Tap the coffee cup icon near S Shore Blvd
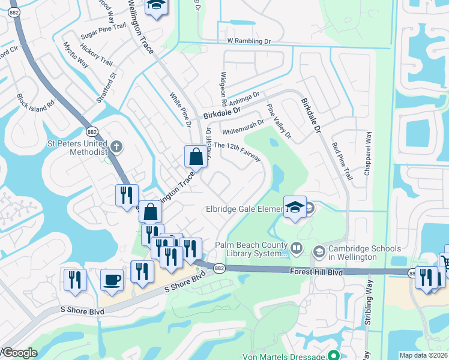[x=112, y=280]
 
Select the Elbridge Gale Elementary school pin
[x=295, y=208]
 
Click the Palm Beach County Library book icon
[x=297, y=247]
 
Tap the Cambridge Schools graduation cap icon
[x=318, y=251]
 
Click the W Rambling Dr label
[x=249, y=41]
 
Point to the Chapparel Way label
[x=367, y=153]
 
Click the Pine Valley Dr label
[x=279, y=121]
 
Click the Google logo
[x=20, y=353]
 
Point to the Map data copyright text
[x=424, y=355]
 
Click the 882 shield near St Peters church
[x=92, y=132]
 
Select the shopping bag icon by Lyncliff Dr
[x=196, y=157]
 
